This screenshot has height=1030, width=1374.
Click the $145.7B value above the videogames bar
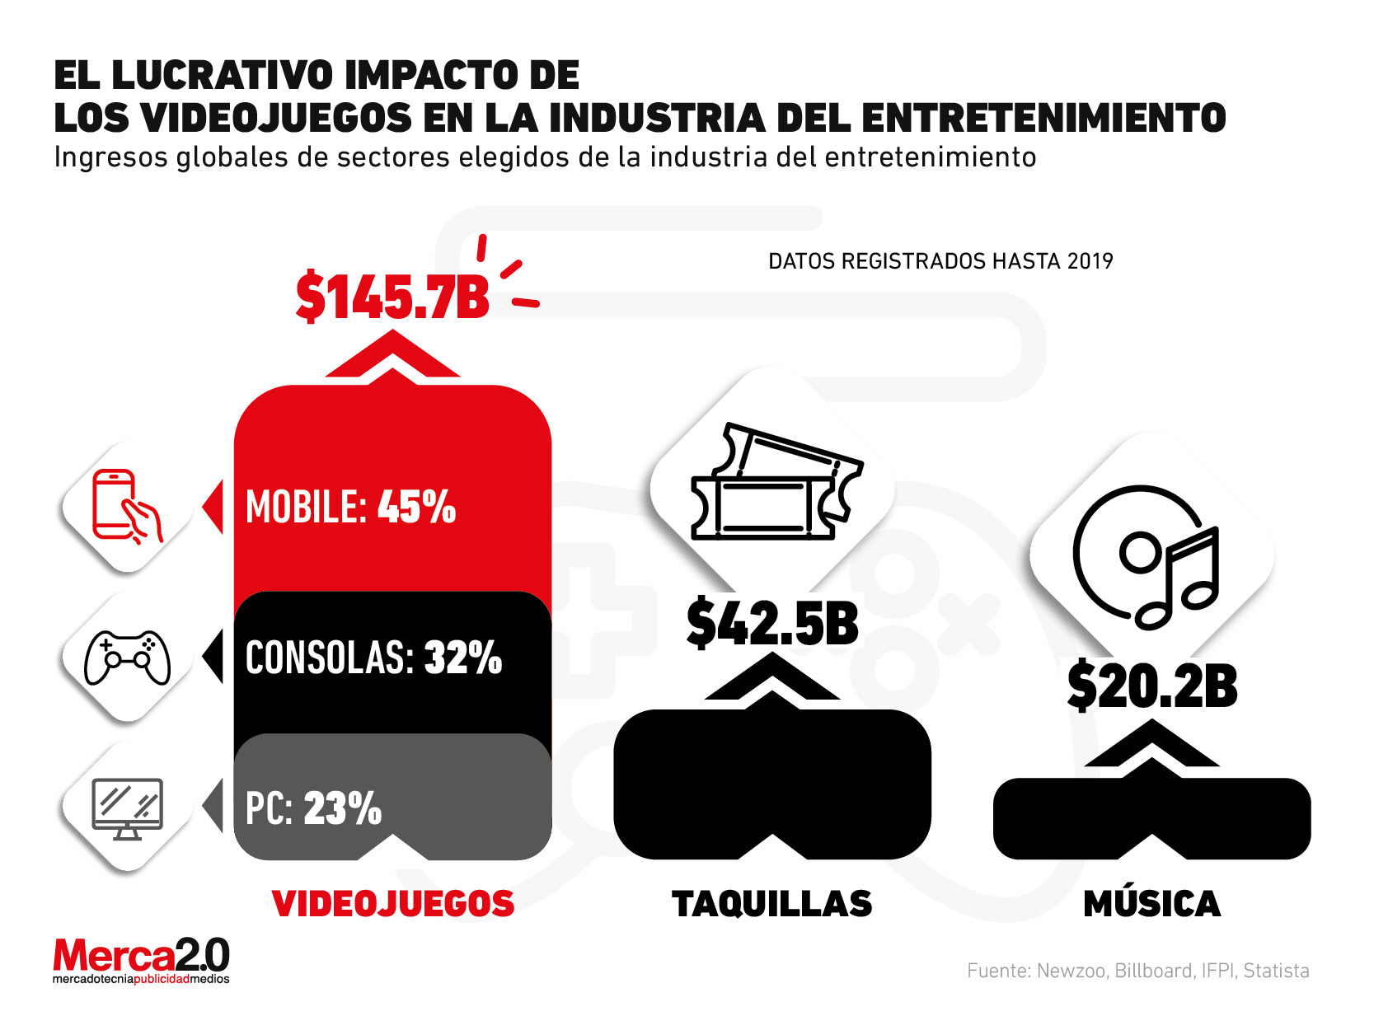(x=392, y=297)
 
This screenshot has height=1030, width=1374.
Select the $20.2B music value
(x=1152, y=686)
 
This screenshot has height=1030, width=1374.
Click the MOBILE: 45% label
(x=350, y=507)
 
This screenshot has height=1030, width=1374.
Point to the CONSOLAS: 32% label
(x=373, y=658)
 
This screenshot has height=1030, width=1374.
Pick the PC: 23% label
(x=313, y=808)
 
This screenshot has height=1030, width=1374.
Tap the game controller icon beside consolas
(x=128, y=658)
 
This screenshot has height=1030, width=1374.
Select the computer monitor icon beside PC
(x=127, y=808)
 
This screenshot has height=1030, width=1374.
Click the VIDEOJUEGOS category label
(x=393, y=904)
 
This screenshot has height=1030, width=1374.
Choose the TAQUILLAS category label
(x=772, y=904)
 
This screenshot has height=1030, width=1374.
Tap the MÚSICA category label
(x=1152, y=904)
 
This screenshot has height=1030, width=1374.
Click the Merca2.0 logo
(x=141, y=961)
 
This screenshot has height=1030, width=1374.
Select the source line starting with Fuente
(x=1137, y=971)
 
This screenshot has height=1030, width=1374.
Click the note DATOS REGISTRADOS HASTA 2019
(x=940, y=261)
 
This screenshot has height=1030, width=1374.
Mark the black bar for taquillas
(x=772, y=783)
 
